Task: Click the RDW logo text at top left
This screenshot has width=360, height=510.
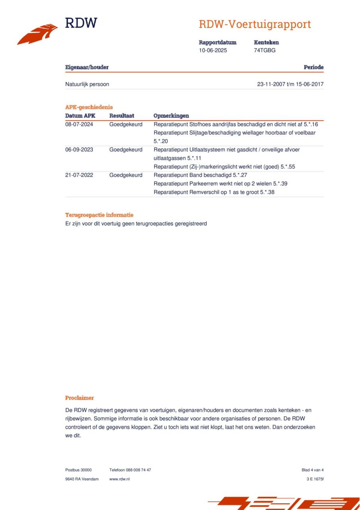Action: pyautogui.click(x=81, y=23)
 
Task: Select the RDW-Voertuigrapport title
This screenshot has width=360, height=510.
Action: pyautogui.click(x=255, y=24)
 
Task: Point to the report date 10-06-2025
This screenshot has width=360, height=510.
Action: pyautogui.click(x=213, y=51)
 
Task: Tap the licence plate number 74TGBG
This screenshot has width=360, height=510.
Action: pyautogui.click(x=264, y=51)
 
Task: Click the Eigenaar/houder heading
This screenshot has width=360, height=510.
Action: pyautogui.click(x=87, y=67)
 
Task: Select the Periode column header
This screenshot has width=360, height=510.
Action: pyautogui.click(x=313, y=67)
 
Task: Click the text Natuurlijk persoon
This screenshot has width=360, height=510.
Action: pyautogui.click(x=87, y=84)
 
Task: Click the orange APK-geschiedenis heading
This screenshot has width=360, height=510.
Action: pyautogui.click(x=89, y=107)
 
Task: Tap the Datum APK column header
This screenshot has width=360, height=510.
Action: pyautogui.click(x=80, y=116)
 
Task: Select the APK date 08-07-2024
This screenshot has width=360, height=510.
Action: pyautogui.click(x=79, y=124)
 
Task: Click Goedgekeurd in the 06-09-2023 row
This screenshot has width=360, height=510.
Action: pyautogui.click(x=126, y=150)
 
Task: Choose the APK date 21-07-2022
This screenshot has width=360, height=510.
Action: pyautogui.click(x=79, y=175)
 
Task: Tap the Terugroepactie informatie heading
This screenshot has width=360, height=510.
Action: pyautogui.click(x=99, y=215)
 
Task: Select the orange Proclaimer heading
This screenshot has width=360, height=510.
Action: pyautogui.click(x=80, y=398)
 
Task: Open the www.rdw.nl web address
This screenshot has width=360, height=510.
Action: pyautogui.click(x=119, y=479)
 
